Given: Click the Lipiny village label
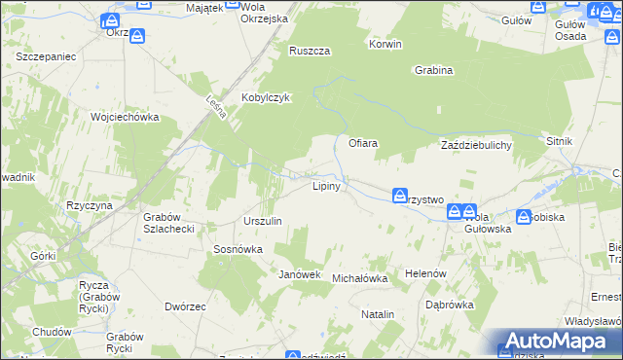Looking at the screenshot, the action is (325, 186).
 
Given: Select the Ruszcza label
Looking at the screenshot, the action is (310, 52).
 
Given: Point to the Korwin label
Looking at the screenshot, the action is (385, 45).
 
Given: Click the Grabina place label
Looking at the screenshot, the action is (433, 70).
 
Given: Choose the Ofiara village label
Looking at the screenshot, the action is (363, 143).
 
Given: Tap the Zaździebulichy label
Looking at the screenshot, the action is (476, 144).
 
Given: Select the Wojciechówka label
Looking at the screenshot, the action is (124, 117).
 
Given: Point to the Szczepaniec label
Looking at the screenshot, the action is (46, 57).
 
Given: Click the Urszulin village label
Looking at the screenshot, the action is (263, 221).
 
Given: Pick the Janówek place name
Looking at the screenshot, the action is (300, 274).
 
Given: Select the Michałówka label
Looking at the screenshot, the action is (360, 278).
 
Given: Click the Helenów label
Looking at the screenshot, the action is (425, 273).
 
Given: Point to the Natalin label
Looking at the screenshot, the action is (378, 314).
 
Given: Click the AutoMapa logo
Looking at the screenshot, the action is (559, 342).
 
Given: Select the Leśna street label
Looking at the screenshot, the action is (217, 106).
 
